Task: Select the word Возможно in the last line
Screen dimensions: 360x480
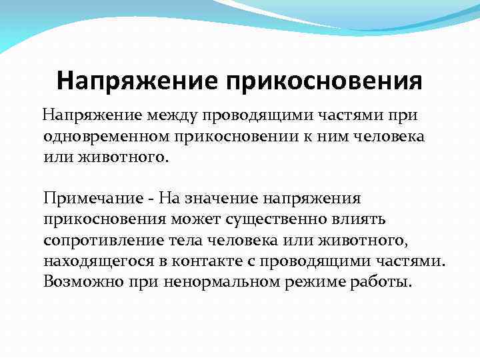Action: (79, 281)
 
